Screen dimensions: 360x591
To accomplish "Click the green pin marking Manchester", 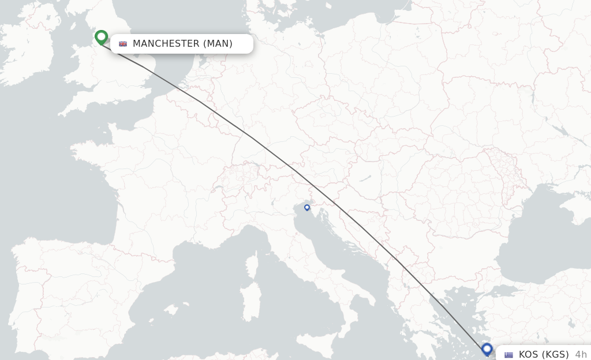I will pyautogui.click(x=102, y=37).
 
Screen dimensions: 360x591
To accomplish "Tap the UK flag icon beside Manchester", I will pyautogui.click(x=123, y=44).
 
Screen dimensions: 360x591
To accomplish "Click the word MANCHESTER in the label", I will pyautogui.click(x=166, y=44).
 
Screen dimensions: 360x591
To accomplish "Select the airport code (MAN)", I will pyautogui.click(x=218, y=44).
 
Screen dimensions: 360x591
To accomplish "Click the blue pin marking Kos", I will pyautogui.click(x=487, y=349).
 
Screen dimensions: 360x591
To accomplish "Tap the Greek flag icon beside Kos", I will pyautogui.click(x=508, y=355).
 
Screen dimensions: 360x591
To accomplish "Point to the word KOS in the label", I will pyautogui.click(x=529, y=355).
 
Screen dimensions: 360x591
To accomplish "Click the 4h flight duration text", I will pyautogui.click(x=581, y=355).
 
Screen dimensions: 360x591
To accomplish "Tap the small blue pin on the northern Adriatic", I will pyautogui.click(x=307, y=208).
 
